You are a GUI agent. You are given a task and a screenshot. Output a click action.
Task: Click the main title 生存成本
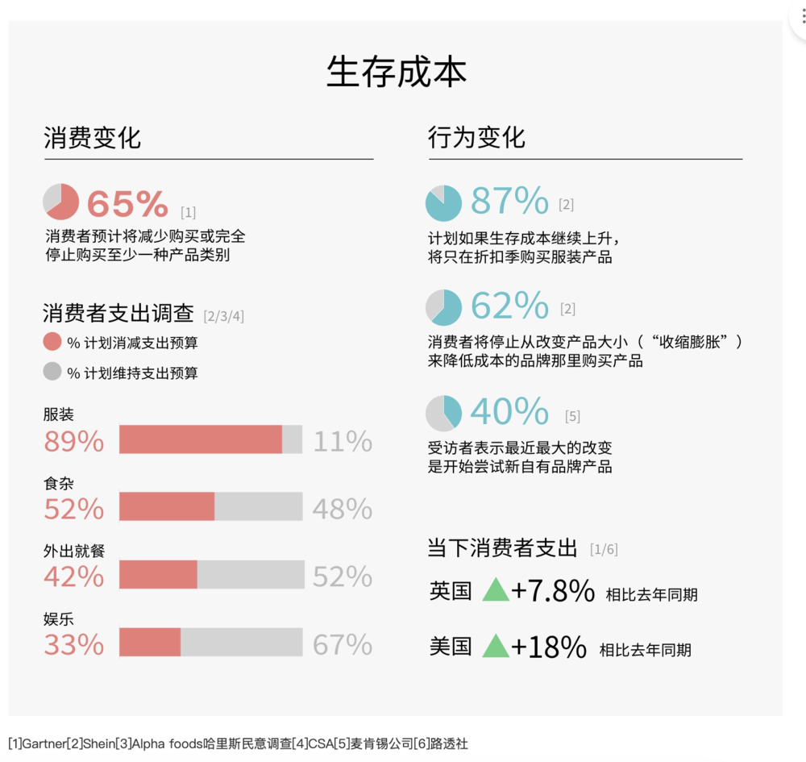tap(397, 73)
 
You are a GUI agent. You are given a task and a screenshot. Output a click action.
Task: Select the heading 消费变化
tap(92, 137)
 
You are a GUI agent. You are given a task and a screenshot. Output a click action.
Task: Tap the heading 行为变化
tap(476, 137)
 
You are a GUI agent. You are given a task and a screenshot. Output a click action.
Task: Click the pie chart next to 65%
tap(60, 202)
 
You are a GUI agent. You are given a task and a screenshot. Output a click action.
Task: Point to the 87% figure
tap(509, 201)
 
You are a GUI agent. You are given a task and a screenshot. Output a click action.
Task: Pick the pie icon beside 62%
tap(443, 307)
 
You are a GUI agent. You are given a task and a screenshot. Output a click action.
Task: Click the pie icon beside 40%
tap(443, 413)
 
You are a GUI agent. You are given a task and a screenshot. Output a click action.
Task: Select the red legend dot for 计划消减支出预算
tap(52, 342)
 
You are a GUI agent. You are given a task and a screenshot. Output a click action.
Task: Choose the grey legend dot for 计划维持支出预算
tap(52, 372)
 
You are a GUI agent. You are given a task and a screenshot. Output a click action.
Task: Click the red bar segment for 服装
tap(201, 439)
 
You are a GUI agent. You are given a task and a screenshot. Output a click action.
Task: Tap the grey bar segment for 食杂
tap(258, 507)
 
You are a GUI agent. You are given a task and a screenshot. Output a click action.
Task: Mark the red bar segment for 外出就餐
tap(158, 575)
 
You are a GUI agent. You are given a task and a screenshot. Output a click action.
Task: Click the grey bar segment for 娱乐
tap(241, 643)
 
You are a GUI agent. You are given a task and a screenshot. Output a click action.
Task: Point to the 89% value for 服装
tap(74, 442)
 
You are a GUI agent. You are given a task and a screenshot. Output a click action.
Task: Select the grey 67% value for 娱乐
tap(343, 645)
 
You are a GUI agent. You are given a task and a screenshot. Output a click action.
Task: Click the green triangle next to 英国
tap(496, 589)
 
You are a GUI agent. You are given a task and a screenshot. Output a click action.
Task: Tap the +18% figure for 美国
tap(548, 647)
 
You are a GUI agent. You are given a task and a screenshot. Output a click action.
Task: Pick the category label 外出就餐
tap(74, 552)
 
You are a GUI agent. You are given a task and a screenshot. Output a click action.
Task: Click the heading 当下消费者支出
tap(502, 548)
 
